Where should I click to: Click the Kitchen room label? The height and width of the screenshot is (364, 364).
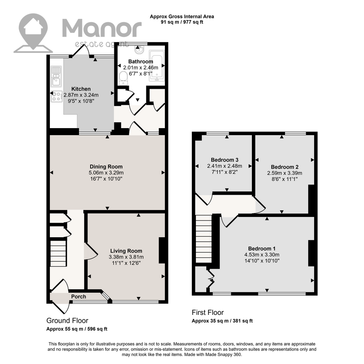point(81,89)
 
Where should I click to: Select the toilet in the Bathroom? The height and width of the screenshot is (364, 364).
point(123,78)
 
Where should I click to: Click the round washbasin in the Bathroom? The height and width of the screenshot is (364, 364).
point(139,50)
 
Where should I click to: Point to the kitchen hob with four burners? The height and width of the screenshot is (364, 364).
point(57,96)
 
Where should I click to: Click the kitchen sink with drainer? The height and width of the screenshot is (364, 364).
point(56,76)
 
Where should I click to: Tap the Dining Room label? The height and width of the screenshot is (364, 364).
point(106,167)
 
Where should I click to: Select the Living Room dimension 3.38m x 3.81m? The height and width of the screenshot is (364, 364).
point(126,257)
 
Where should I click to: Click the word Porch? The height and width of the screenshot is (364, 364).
point(79,297)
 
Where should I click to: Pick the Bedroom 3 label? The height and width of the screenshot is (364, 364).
point(225,160)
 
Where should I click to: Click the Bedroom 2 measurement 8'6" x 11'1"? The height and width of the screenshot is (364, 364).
point(285,179)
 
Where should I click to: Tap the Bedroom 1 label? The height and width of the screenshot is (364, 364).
point(262,249)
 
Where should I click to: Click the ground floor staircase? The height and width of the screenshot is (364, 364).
point(58,253)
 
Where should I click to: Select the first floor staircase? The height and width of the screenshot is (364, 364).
point(203,239)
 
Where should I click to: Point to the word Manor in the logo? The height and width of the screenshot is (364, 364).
point(102,28)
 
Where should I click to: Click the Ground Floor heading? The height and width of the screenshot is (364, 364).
point(67,321)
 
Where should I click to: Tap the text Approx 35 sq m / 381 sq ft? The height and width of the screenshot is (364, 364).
point(222,321)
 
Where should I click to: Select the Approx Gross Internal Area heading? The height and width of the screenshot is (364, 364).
point(182,16)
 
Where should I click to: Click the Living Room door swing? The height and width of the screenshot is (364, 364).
point(91,251)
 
